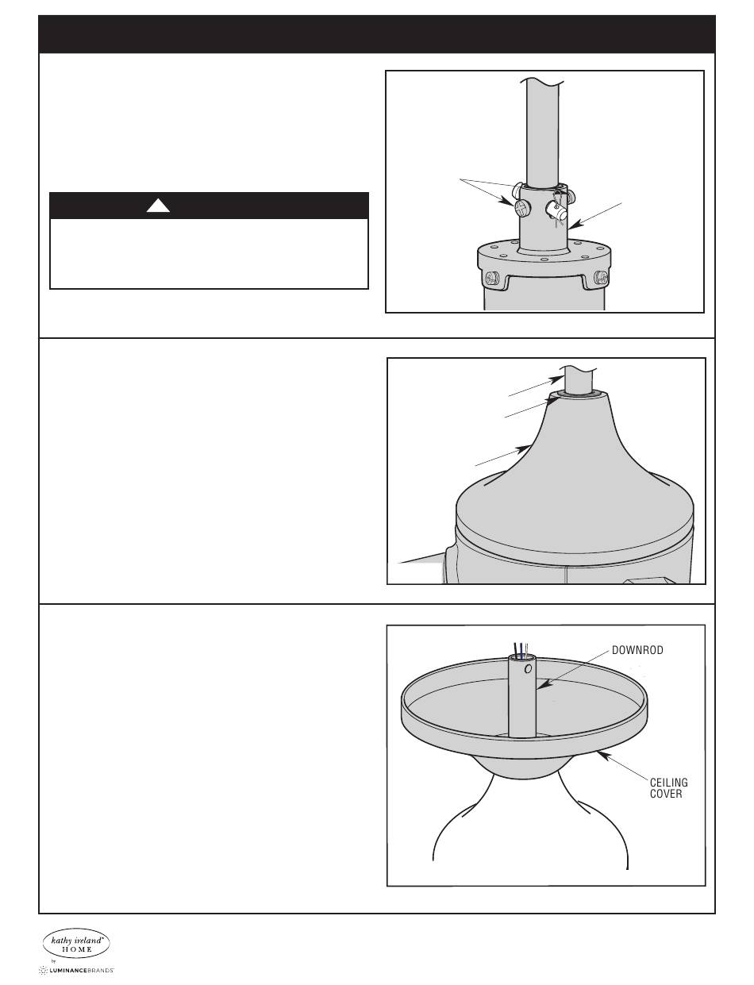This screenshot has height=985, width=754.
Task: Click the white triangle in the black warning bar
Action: [x=158, y=206]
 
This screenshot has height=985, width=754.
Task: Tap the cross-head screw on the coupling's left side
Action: [x=521, y=209]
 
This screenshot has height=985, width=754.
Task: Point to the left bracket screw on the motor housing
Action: [x=493, y=278]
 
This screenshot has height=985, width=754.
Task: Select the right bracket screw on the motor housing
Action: [x=602, y=278]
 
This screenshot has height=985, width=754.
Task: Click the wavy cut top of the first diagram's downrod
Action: [x=542, y=82]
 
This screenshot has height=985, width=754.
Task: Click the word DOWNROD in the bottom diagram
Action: [x=637, y=650]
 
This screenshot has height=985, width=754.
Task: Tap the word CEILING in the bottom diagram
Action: [x=668, y=783]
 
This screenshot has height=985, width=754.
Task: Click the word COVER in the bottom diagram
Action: [x=666, y=794]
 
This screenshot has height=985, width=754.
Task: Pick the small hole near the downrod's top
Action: [x=529, y=669]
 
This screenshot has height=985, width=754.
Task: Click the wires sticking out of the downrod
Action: [x=521, y=649]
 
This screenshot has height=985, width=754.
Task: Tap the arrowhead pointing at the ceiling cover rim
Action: [x=603, y=754]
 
